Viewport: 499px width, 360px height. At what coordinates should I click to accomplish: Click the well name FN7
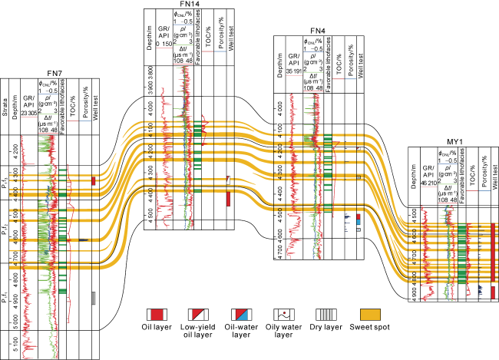pyautogui.click(x=54, y=72)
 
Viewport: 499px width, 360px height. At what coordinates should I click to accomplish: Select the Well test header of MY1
pyautogui.click(x=494, y=176)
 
